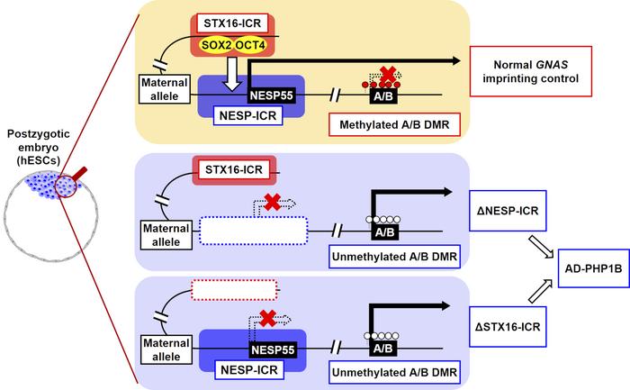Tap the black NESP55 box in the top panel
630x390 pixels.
pos(276,92)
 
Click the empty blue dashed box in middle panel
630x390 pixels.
pos(248,232)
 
